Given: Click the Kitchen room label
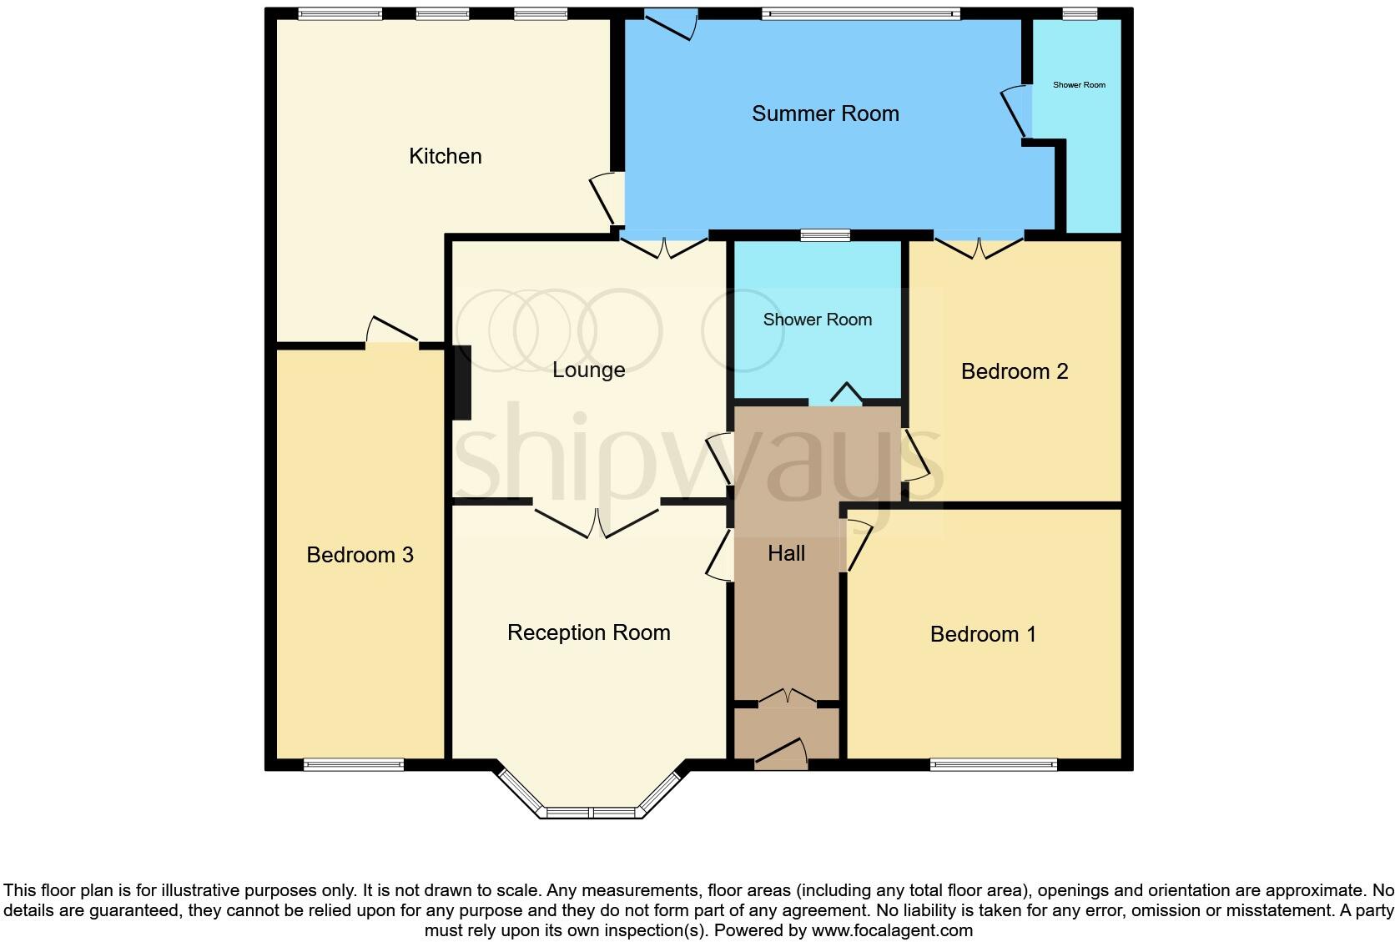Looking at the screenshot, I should (x=445, y=156).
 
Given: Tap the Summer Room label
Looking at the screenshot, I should (x=825, y=113).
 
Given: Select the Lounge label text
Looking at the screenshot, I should (x=588, y=370).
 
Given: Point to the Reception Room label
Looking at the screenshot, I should (x=588, y=632).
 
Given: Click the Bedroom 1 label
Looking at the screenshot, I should (x=983, y=634).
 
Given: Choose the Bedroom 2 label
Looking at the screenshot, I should (x=1014, y=371).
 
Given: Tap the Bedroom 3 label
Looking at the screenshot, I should (x=360, y=555).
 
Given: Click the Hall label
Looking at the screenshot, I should (x=786, y=553).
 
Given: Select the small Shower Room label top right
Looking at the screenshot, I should (x=1079, y=85).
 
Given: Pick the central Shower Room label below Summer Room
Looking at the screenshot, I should (x=817, y=320).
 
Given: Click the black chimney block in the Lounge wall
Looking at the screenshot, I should (x=461, y=381).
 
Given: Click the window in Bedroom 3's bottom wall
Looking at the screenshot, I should (x=354, y=764).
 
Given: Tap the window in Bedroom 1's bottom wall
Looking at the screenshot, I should (x=993, y=764).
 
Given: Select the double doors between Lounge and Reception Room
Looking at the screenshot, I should (x=597, y=520).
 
